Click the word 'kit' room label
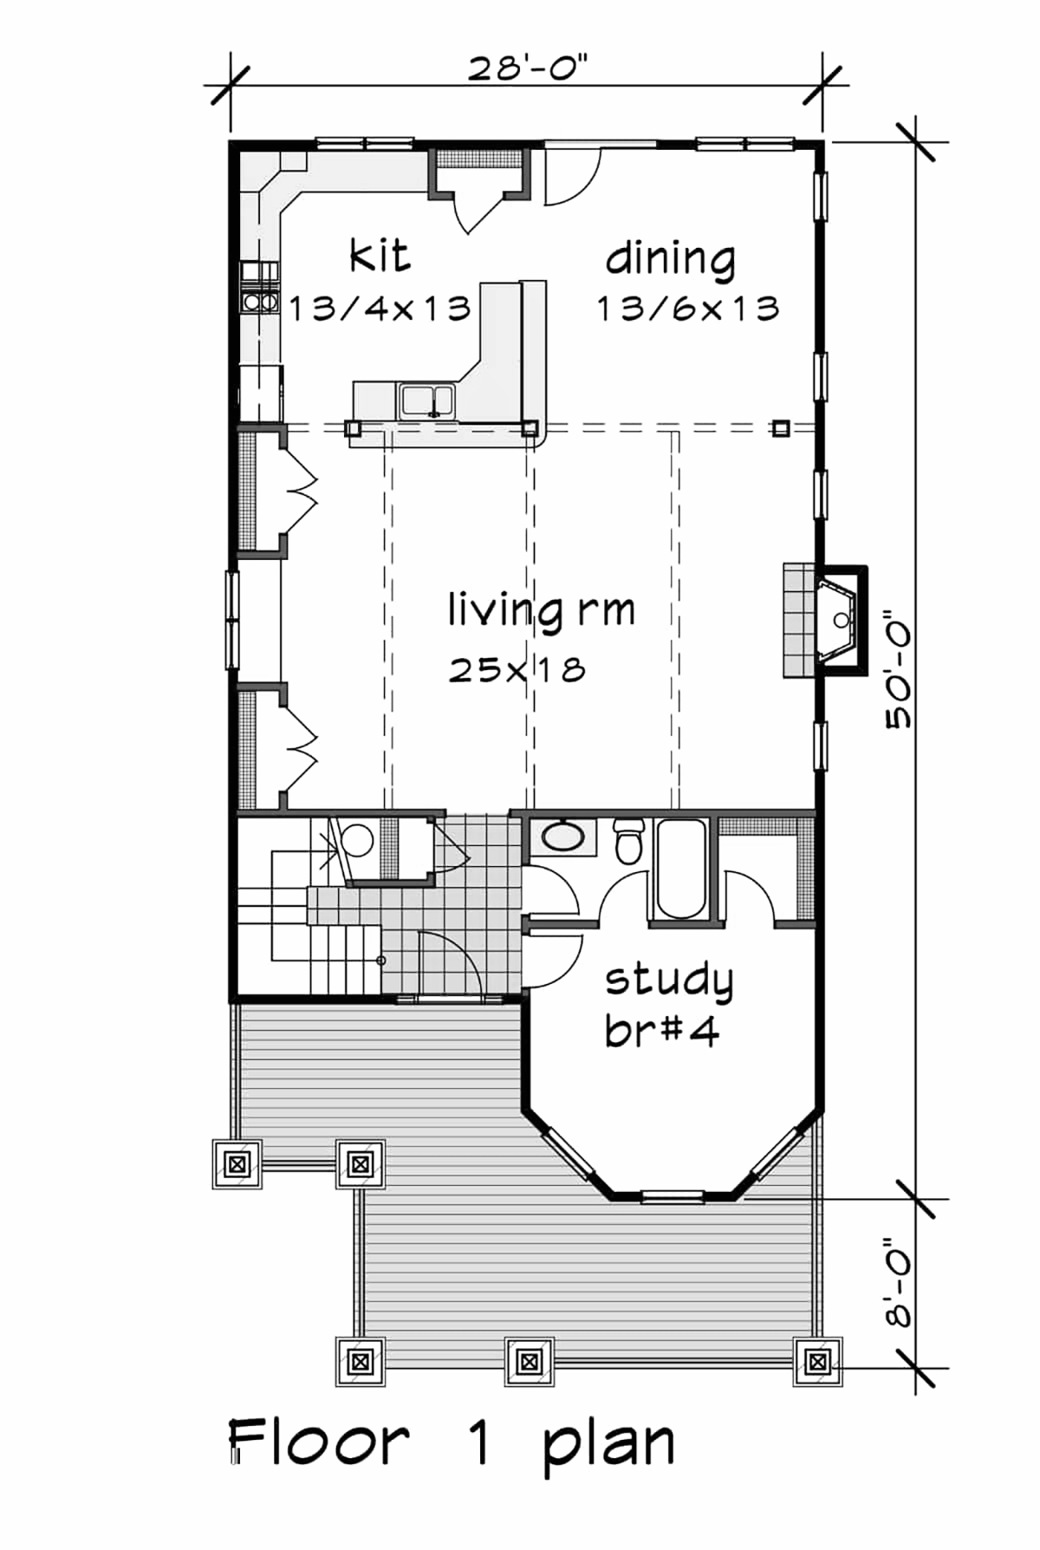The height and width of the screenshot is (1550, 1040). [380, 256]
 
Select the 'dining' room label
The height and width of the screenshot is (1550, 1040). [671, 259]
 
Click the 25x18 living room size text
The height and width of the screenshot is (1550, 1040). [517, 669]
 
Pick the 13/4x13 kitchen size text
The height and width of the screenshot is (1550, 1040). [380, 309]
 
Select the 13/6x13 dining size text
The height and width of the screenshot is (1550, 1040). [688, 309]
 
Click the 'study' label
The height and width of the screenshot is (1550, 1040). [669, 980]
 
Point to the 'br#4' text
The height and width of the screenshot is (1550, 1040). [662, 1031]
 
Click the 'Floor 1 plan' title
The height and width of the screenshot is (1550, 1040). [452, 1443]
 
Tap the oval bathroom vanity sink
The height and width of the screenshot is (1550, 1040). [562, 837]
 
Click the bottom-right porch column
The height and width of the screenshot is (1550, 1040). [816, 1361]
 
